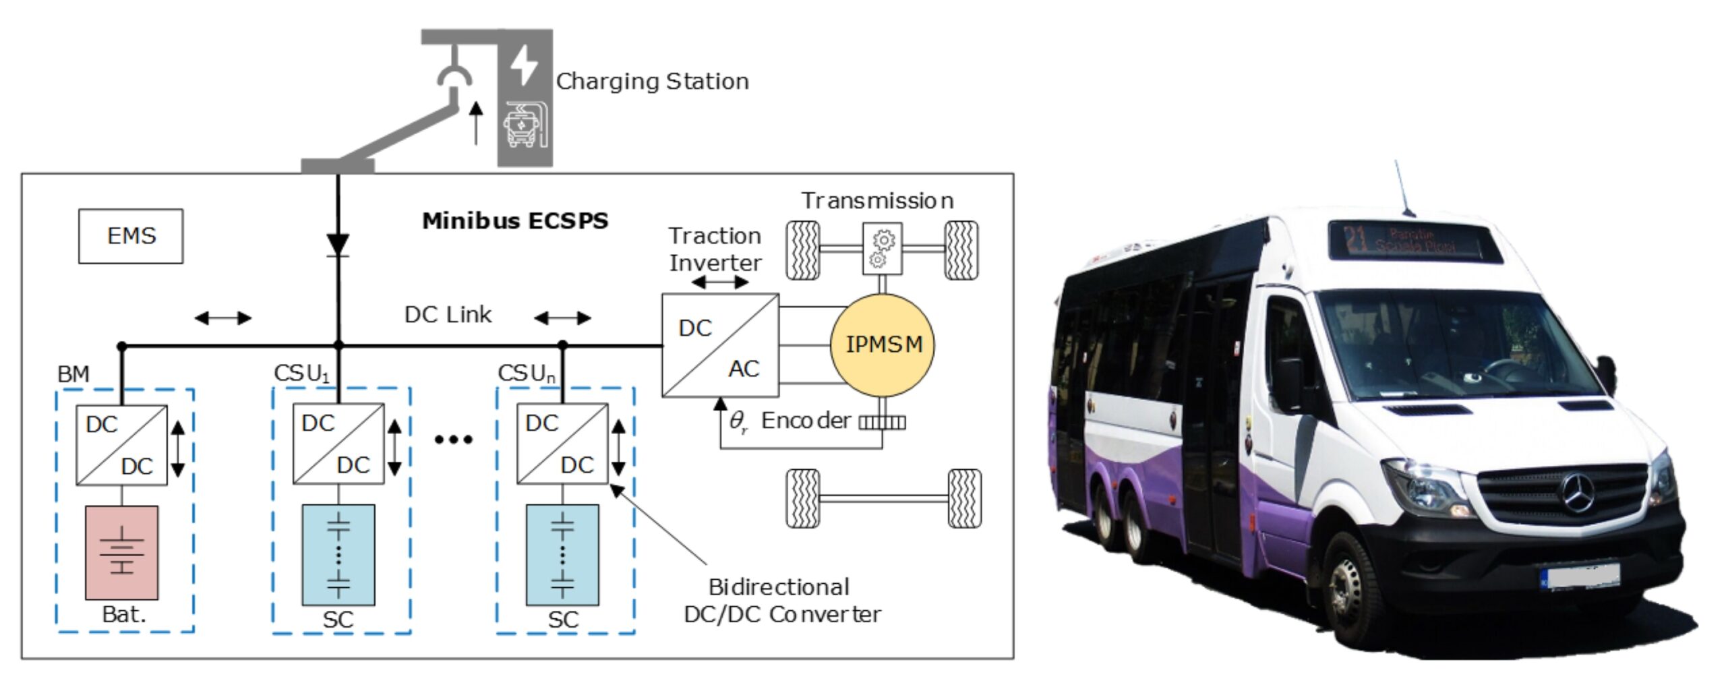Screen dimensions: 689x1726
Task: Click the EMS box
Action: click(x=131, y=236)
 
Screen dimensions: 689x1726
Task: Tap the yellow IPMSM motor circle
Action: click(x=882, y=344)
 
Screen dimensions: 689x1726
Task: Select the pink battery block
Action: click(x=122, y=552)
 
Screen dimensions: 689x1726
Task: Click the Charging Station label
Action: click(x=652, y=82)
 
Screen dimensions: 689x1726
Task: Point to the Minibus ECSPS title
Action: click(x=515, y=221)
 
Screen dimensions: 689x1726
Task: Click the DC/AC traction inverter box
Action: click(x=720, y=345)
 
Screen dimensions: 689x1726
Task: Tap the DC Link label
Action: click(x=448, y=315)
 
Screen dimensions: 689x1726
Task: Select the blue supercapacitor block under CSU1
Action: click(x=338, y=554)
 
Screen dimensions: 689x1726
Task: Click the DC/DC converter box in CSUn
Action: click(x=562, y=444)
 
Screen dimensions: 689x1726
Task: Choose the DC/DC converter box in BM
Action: click(x=121, y=445)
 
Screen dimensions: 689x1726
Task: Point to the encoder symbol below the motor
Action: click(x=882, y=423)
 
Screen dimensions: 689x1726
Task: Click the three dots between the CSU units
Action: click(x=453, y=440)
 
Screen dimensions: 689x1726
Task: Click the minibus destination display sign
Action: click(x=1415, y=241)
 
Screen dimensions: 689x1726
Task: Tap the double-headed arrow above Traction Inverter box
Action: click(x=720, y=282)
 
